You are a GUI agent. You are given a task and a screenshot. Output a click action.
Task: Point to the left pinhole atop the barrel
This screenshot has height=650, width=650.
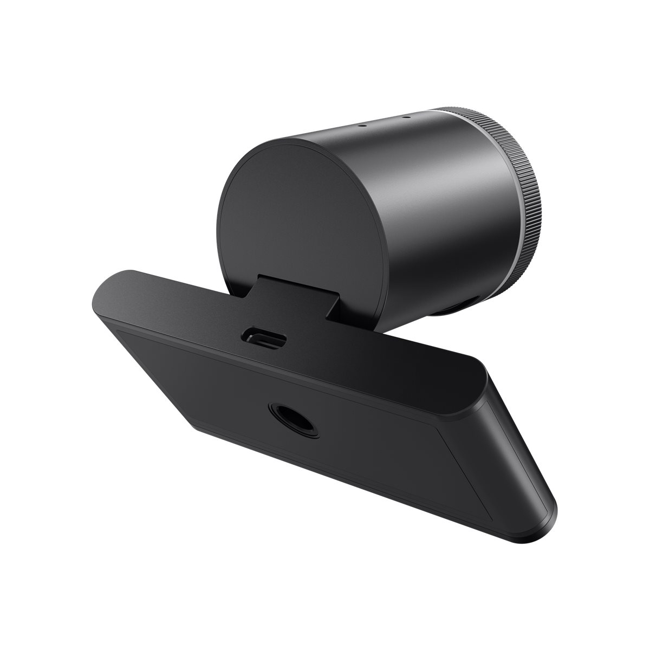click(x=363, y=124)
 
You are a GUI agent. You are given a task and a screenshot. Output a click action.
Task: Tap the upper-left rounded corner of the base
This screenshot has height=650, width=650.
click(x=108, y=282)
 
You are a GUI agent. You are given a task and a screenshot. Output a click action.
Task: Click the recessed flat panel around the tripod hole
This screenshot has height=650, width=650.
click(x=227, y=390)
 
